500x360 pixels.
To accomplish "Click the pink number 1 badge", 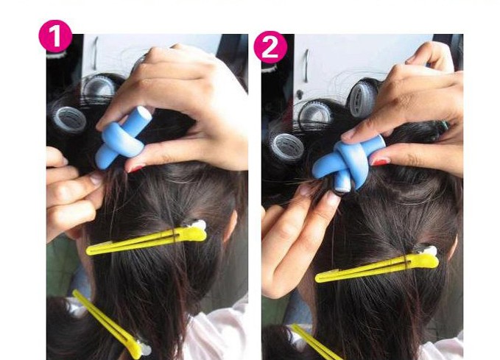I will [x=54, y=37].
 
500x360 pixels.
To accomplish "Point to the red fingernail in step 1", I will [x=135, y=169].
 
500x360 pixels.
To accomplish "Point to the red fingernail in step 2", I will [x=378, y=161].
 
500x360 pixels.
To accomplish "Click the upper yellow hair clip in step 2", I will [x=376, y=268].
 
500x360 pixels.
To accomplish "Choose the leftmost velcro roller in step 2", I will [x=285, y=146].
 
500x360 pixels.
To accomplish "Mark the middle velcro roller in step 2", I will [x=315, y=115].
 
